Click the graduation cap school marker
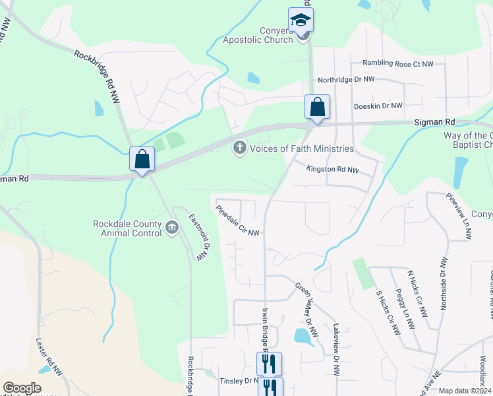click(x=301, y=19)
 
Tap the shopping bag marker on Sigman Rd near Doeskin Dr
click(x=317, y=107)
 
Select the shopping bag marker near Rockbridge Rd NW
click(x=142, y=158)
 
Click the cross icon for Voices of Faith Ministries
click(x=239, y=148)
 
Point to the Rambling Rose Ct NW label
click(x=398, y=64)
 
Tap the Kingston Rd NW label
click(x=333, y=170)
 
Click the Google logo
click(x=22, y=388)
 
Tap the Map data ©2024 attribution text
click(x=464, y=391)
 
